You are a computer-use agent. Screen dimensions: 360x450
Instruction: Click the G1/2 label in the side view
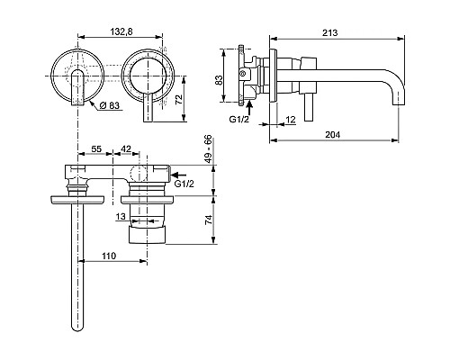point(236,117)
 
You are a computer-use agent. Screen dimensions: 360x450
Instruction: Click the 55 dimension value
point(96,149)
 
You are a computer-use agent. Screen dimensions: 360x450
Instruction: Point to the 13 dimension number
point(121,216)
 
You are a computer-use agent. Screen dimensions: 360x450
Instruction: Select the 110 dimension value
point(108,256)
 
